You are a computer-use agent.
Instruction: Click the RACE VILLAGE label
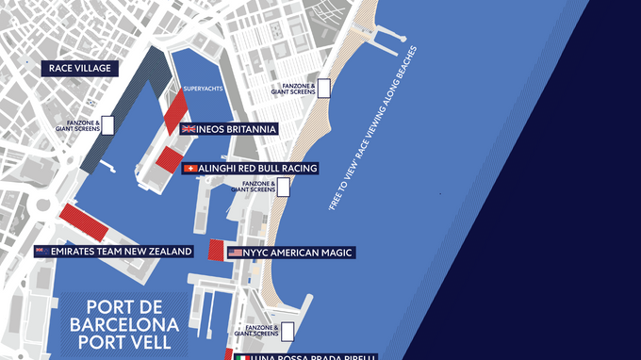(x=79, y=69)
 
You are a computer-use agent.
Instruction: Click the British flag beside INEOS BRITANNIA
(x=187, y=128)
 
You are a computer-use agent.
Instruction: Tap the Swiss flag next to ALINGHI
(x=190, y=168)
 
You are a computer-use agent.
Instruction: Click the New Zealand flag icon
(x=41, y=252)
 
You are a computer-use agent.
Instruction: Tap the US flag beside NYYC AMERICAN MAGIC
(x=235, y=253)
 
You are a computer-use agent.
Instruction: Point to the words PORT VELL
(x=123, y=345)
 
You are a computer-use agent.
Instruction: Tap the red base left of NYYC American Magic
(x=215, y=251)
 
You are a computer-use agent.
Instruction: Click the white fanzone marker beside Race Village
(x=107, y=123)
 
